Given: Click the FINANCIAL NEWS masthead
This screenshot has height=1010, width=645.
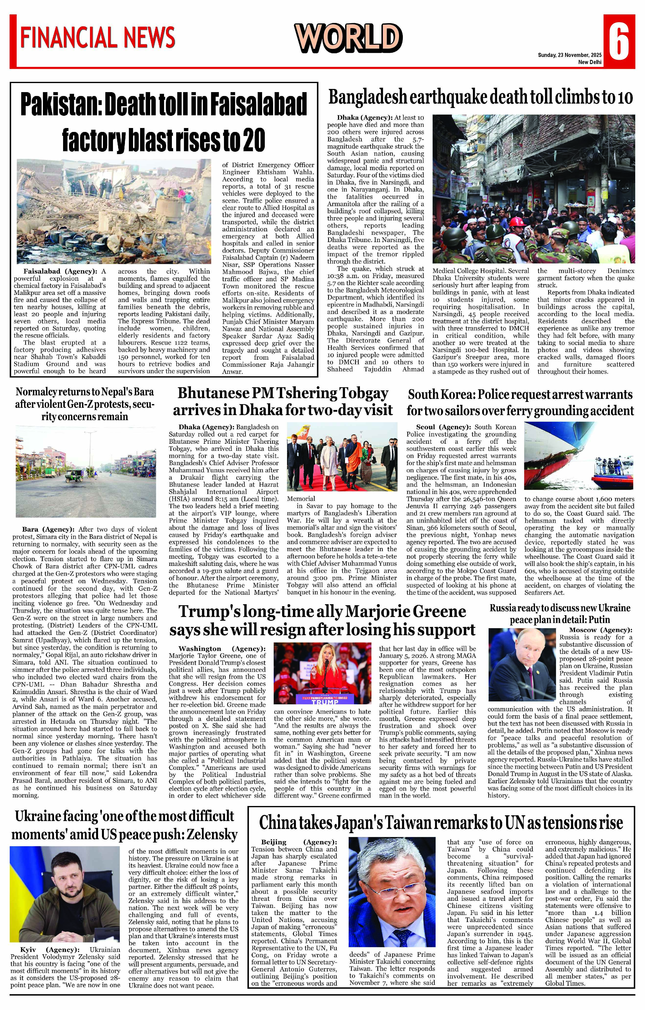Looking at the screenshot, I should (x=97, y=37).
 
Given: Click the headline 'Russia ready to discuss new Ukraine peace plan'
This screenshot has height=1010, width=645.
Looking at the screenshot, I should (x=560, y=614).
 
